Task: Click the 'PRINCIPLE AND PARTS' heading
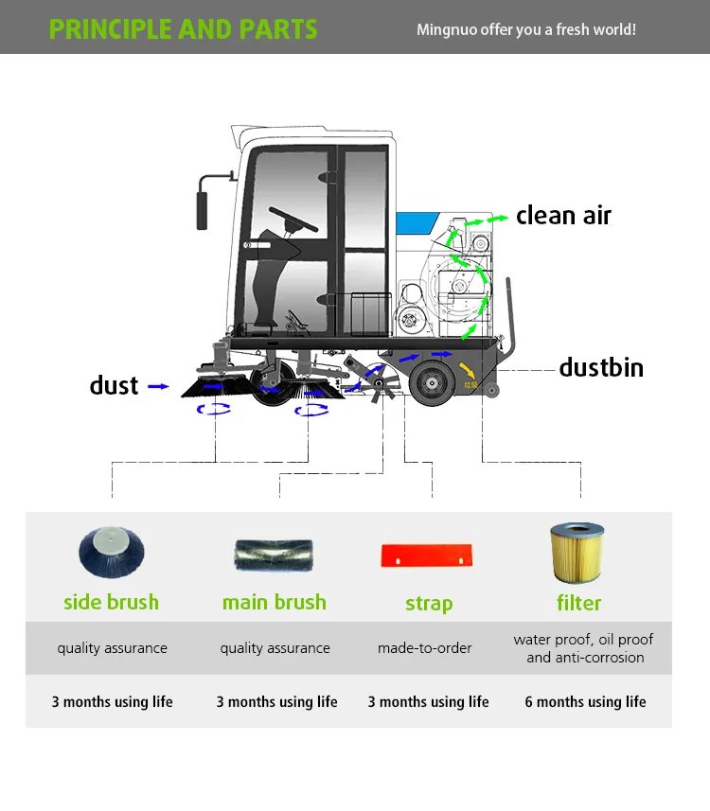point(183,28)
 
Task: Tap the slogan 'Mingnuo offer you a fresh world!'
point(526,29)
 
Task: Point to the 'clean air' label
point(563,216)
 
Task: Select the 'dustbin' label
point(601,367)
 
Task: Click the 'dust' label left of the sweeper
point(114,385)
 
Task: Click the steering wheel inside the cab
point(293,220)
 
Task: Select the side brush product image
point(111,554)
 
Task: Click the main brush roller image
point(275,554)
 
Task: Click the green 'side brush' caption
point(111,602)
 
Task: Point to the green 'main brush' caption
point(275,602)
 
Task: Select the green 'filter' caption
point(578,603)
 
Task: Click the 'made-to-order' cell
point(425,648)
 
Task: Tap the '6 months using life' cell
point(585,701)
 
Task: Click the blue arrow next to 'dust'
point(159,386)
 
